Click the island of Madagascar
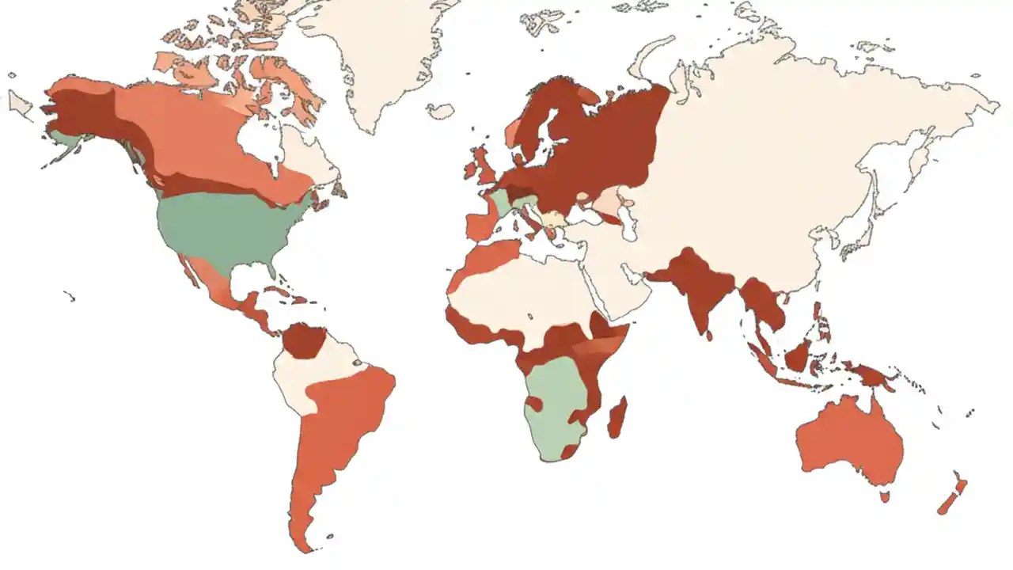(617, 418)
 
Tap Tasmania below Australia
(884, 496)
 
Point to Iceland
(441, 111)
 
